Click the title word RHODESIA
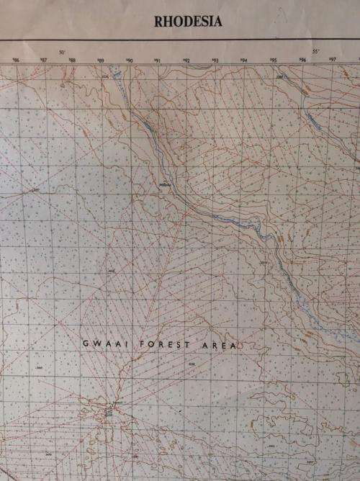click(x=188, y=22)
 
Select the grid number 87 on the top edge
click(x=44, y=61)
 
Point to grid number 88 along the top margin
click(x=72, y=61)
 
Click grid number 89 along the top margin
click(x=101, y=61)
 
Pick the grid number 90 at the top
click(x=130, y=61)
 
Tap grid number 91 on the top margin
click(x=157, y=61)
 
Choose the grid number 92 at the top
click(x=186, y=61)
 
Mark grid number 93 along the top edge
click(x=215, y=61)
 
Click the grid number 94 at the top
click(x=243, y=61)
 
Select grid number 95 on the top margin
click(x=273, y=61)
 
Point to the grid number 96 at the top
click(x=302, y=61)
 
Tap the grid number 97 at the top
click(x=332, y=61)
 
